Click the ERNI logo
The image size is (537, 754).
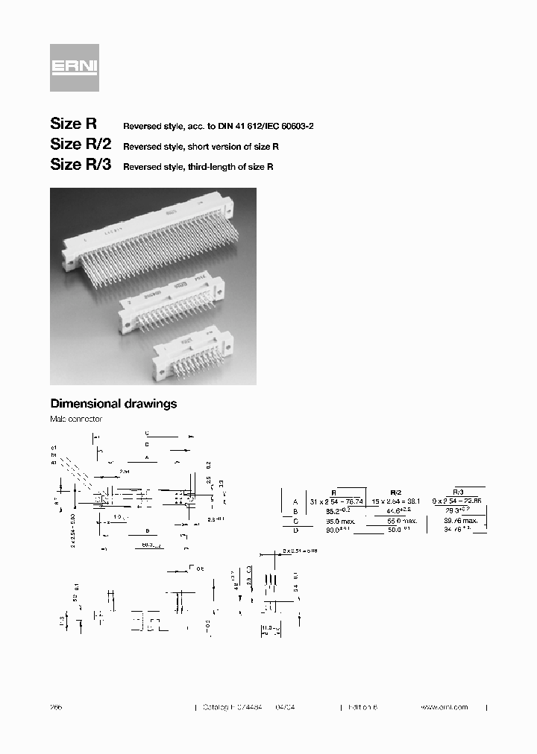[x=74, y=67]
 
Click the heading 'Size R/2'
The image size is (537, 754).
[x=81, y=145]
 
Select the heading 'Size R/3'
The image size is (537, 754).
[x=81, y=165]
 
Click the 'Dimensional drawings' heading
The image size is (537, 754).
[x=113, y=403]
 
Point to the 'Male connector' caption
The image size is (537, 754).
[x=75, y=419]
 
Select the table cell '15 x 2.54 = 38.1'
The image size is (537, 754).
[x=396, y=502]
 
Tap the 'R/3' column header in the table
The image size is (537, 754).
[x=459, y=492]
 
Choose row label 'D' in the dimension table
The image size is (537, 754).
[x=295, y=530]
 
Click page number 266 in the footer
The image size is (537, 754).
[x=56, y=707]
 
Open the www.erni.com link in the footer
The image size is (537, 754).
[x=444, y=707]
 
